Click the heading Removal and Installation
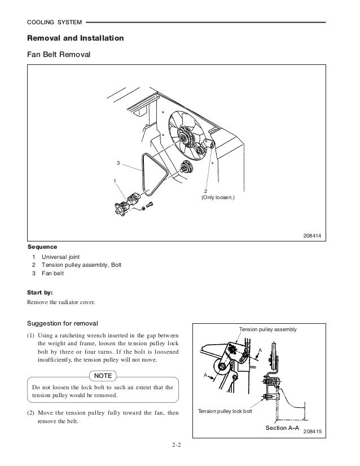[72, 39]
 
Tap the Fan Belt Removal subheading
[59, 56]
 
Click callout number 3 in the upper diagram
[117, 163]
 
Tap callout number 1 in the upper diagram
[115, 181]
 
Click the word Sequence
[42, 247]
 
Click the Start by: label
[40, 292]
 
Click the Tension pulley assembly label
[269, 329]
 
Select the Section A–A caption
[283, 429]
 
